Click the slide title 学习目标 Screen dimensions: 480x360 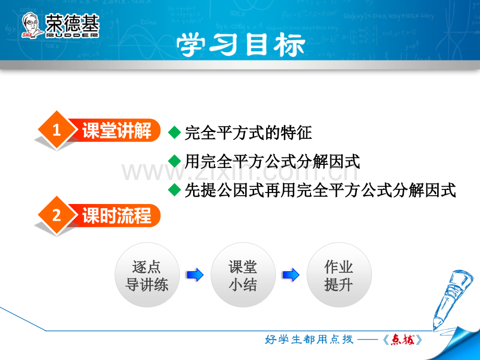click(241, 45)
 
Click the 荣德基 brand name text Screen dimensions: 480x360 click(73, 23)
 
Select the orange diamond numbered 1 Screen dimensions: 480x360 click(56, 130)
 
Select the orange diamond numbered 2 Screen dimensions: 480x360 click(56, 215)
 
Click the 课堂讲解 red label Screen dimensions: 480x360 click(117, 130)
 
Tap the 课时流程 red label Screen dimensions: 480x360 click(117, 215)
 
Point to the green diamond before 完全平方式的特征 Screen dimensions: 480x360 click(174, 133)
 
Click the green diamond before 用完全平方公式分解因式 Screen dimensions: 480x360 click(174, 161)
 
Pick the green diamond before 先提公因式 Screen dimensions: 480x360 click(174, 190)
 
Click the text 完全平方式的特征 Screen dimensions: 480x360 click(248, 133)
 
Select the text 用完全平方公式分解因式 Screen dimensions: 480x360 click(272, 161)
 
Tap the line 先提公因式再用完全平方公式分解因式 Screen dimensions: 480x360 click(320, 190)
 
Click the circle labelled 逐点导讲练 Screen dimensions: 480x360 click(147, 275)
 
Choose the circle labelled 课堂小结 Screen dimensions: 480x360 click(243, 275)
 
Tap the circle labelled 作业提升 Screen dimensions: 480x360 click(339, 275)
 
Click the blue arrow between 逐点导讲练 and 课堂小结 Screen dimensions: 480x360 click(195, 274)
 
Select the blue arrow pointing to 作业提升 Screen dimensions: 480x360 click(291, 274)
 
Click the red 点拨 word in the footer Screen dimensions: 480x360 click(403, 340)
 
